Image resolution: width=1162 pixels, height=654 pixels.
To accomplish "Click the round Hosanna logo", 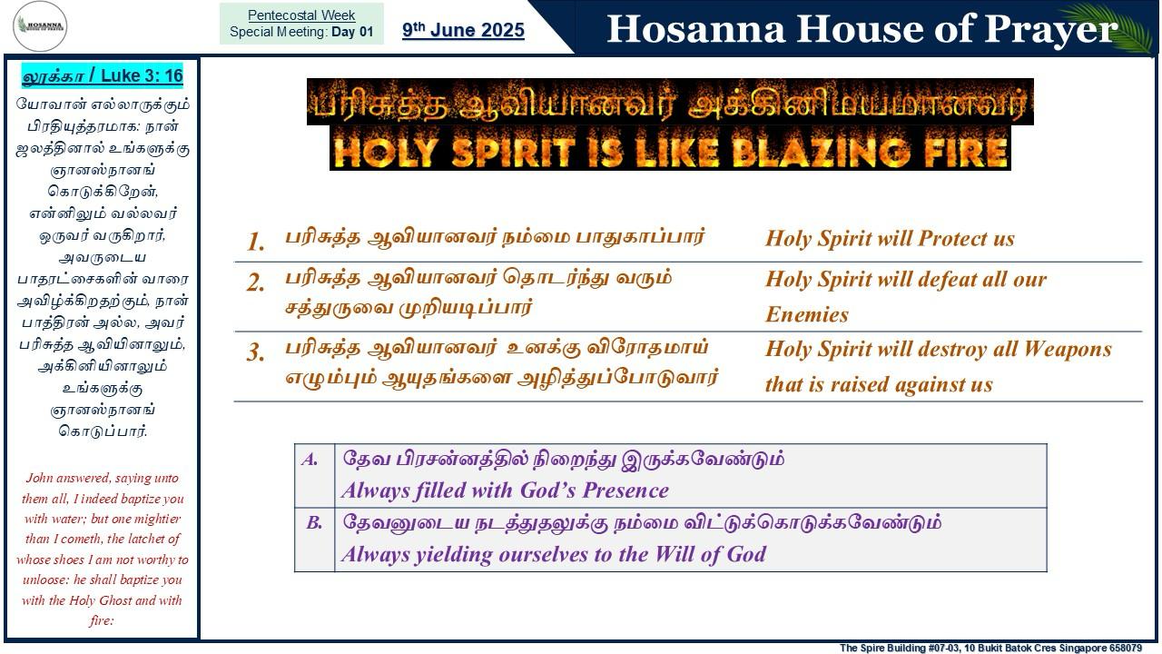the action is pyautogui.click(x=40, y=26).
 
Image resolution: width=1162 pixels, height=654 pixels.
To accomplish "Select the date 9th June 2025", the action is pyautogui.click(x=463, y=30).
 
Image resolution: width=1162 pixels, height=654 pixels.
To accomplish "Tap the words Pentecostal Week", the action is pyautogui.click(x=301, y=15).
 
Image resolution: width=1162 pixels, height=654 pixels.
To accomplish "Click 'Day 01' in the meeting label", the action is pyautogui.click(x=352, y=32).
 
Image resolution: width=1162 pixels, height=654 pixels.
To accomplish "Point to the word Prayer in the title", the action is pyautogui.click(x=1051, y=29).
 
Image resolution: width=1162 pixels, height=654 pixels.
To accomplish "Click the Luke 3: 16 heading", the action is pyautogui.click(x=103, y=75).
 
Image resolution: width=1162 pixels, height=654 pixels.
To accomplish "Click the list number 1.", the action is pyautogui.click(x=255, y=242).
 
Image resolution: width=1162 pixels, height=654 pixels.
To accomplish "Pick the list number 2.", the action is pyautogui.click(x=255, y=282).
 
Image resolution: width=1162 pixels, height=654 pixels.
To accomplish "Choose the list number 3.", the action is pyautogui.click(x=255, y=352).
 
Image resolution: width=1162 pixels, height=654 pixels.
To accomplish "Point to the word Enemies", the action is pyautogui.click(x=807, y=314).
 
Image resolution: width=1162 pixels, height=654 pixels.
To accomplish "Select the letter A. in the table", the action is pyautogui.click(x=310, y=460).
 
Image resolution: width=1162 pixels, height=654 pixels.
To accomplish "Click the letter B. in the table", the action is pyautogui.click(x=314, y=522).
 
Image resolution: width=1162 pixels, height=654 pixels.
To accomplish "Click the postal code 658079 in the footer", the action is pyautogui.click(x=1124, y=649).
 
